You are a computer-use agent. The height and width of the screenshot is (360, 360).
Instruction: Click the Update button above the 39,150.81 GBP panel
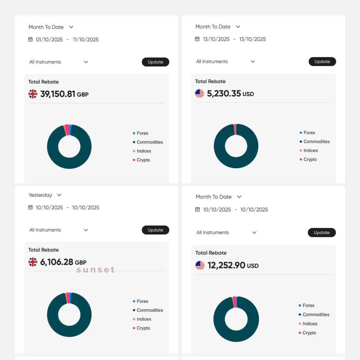click(x=155, y=62)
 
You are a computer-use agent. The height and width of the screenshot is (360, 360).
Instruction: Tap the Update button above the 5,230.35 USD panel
click(x=322, y=62)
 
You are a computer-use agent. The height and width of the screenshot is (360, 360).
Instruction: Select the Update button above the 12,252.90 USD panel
click(x=321, y=233)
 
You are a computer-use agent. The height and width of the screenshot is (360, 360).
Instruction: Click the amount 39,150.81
click(x=58, y=94)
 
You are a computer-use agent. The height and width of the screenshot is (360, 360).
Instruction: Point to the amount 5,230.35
click(x=224, y=94)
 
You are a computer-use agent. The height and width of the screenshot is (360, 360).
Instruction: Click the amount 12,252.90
click(x=226, y=265)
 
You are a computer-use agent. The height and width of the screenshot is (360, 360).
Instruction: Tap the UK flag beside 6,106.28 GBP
click(x=33, y=262)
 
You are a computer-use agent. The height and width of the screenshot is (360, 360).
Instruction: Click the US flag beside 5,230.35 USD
click(x=200, y=93)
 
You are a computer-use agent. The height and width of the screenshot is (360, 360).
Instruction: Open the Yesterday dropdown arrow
click(x=59, y=195)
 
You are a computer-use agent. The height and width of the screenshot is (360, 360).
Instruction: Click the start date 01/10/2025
click(x=49, y=40)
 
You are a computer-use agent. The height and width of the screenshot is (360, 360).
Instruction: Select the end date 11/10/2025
click(x=86, y=40)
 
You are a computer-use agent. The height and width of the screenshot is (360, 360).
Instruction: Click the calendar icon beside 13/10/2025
click(x=197, y=39)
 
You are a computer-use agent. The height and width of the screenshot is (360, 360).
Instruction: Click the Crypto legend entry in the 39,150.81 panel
click(x=143, y=160)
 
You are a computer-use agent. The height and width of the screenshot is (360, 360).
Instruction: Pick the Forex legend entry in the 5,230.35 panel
click(x=309, y=133)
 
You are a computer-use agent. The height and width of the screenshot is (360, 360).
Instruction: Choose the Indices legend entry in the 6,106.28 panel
click(x=144, y=319)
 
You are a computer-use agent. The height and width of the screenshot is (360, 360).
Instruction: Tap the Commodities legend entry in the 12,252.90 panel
click(x=316, y=315)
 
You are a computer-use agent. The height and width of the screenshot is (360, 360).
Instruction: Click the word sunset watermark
click(x=96, y=270)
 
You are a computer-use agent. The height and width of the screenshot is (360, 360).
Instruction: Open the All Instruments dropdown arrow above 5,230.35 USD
click(x=252, y=62)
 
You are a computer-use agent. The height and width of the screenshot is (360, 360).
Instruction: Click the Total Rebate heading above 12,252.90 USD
click(x=211, y=253)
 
